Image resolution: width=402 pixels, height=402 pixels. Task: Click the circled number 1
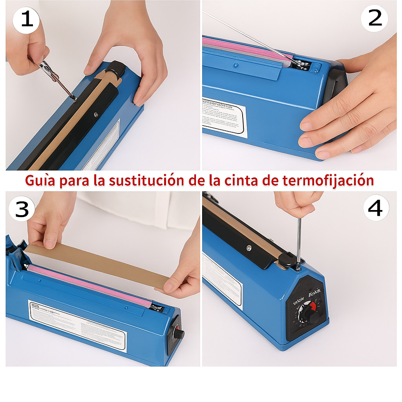(x=26, y=19)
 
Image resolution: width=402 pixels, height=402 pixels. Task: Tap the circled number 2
(x=375, y=18)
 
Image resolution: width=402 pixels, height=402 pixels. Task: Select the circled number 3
(x=22, y=209)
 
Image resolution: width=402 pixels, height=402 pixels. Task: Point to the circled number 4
(x=376, y=208)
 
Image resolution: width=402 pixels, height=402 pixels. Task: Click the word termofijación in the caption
(x=328, y=180)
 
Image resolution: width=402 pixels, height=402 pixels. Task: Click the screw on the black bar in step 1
(x=96, y=115)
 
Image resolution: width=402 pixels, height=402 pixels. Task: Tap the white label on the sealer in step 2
(x=225, y=117)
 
